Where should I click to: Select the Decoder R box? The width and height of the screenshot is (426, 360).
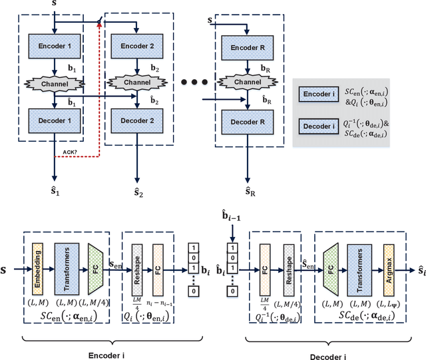coord(248,122)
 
